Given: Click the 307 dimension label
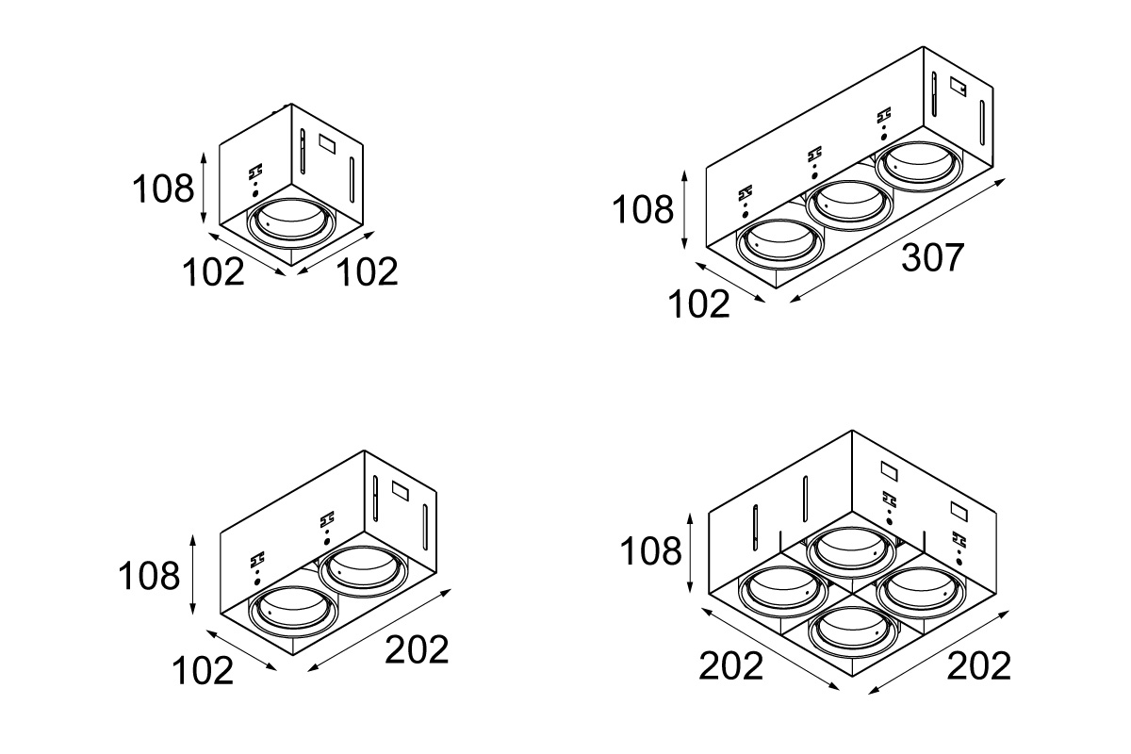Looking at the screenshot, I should [933, 257].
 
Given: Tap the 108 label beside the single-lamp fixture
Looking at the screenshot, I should [162, 188].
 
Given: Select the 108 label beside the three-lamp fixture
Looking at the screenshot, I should [644, 209].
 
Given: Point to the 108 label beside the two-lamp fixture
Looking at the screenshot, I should [148, 575].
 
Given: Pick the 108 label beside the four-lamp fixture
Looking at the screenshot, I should [650, 550].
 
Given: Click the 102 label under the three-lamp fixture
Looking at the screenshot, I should [698, 304].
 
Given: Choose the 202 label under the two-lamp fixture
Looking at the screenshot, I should [417, 649].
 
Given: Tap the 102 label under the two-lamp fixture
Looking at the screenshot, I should [202, 671].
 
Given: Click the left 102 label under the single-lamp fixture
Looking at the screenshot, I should [213, 272].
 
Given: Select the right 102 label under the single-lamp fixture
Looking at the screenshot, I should [368, 272].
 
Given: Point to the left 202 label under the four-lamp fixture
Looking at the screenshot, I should [730, 666].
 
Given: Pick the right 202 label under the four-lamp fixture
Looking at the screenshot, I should [978, 666].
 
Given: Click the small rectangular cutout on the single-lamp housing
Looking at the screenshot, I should [329, 145].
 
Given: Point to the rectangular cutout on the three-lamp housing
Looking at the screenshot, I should [959, 88].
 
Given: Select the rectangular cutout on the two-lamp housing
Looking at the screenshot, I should [398, 490].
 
